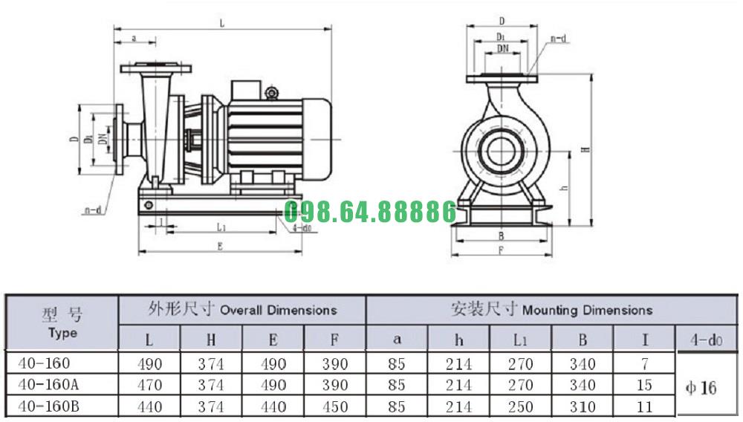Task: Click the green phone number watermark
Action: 370,211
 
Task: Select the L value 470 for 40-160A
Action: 149,385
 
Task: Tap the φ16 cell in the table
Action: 701,388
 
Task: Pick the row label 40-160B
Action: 48,406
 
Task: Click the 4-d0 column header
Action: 706,340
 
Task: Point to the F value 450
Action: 335,406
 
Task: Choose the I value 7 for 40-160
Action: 644,363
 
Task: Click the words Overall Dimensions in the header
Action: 279,311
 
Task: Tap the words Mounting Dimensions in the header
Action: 587,311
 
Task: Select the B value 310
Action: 583,406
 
